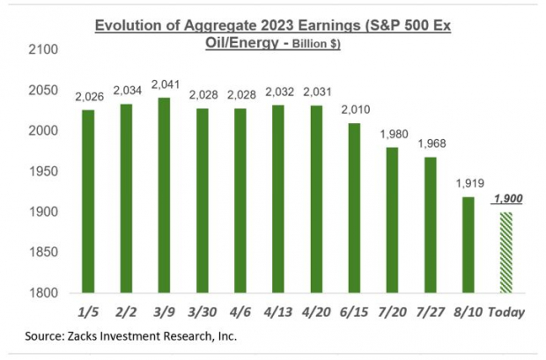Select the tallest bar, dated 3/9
pyautogui.click(x=163, y=195)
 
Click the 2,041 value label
pyautogui.click(x=163, y=84)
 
